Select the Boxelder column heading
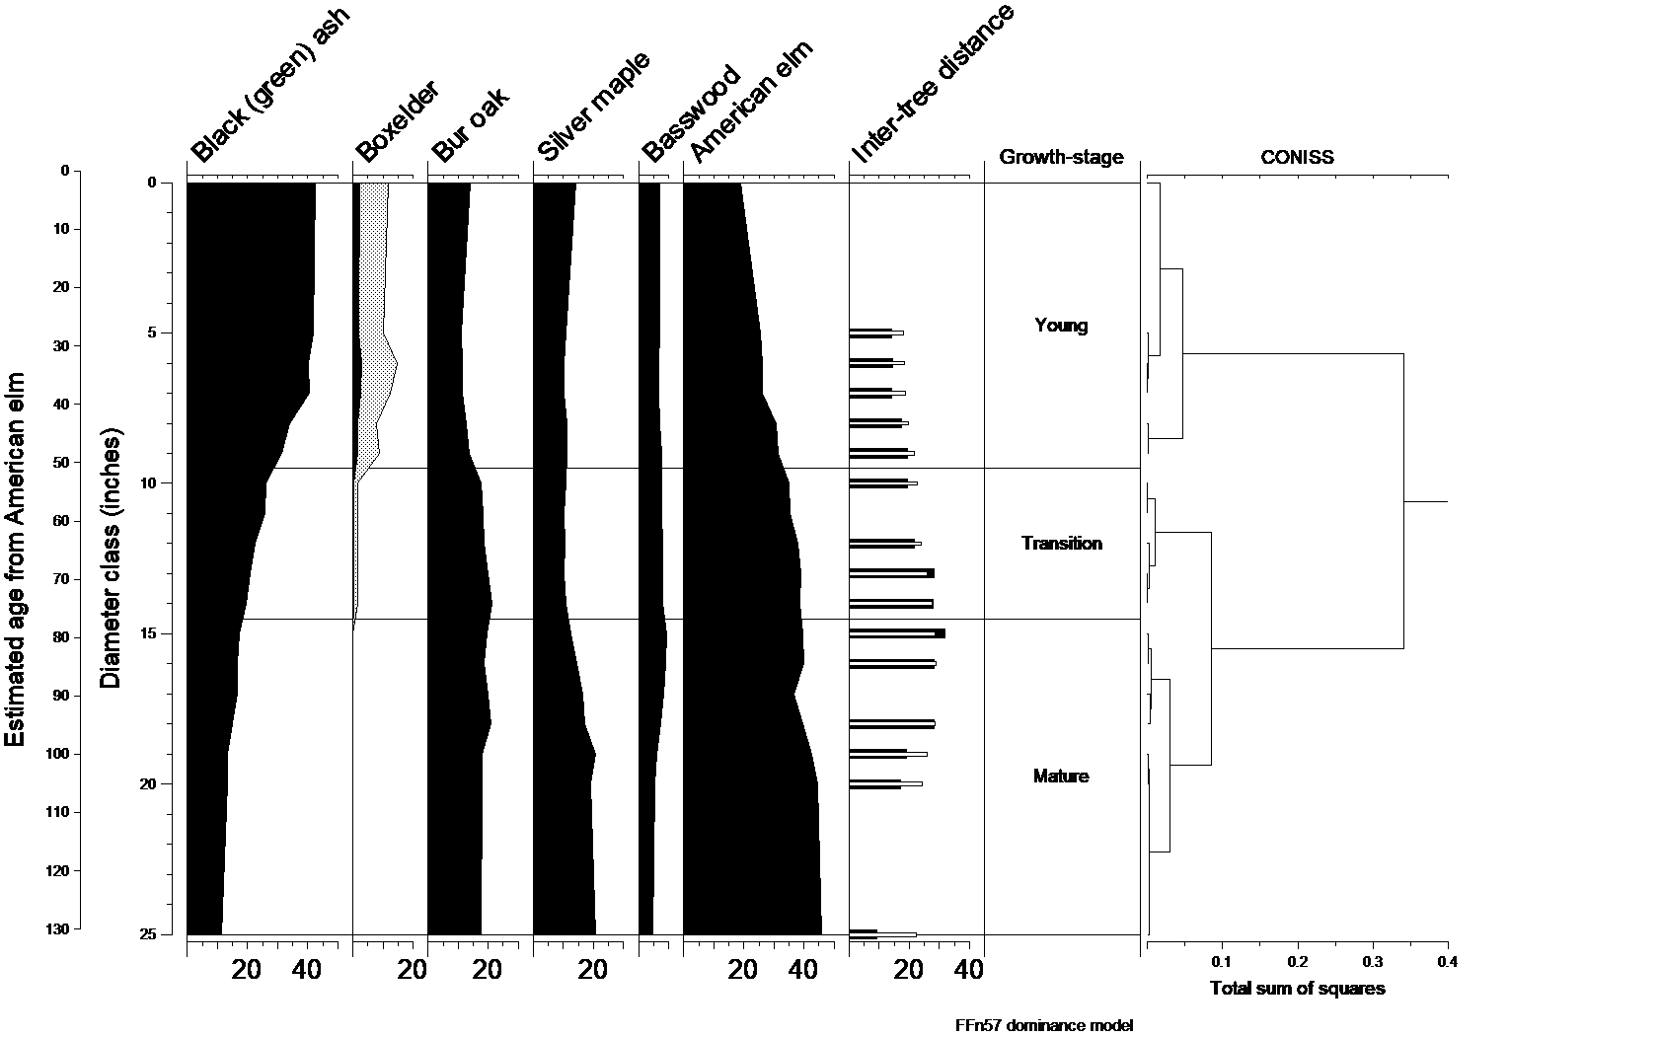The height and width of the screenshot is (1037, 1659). pos(397,121)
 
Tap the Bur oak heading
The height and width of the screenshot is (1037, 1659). pos(470,124)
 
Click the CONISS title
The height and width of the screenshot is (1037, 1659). pos(1296,157)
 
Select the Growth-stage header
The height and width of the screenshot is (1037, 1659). pos(1061,157)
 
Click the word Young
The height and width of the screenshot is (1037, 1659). pos(1061,326)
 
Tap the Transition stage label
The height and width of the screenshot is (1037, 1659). pos(1061,544)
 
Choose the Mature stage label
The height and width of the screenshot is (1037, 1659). pos(1061,777)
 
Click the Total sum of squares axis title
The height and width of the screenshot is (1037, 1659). pos(1297,989)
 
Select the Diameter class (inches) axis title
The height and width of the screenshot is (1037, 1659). pos(111,557)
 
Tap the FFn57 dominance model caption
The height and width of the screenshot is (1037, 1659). pos(1043,1025)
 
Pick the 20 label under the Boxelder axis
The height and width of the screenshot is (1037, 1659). pos(412,970)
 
